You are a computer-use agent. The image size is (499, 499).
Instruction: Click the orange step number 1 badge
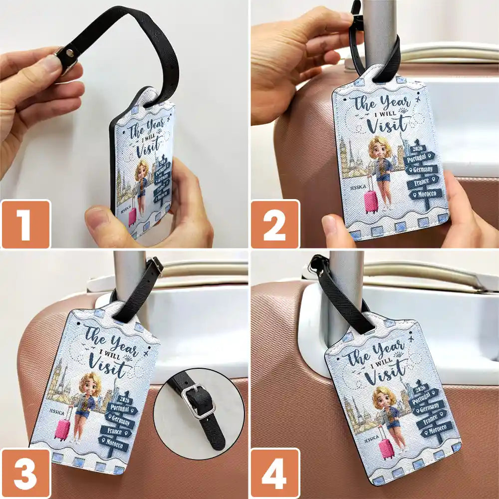pyautogui.click(x=26, y=224)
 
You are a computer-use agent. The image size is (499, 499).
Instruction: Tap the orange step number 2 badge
pyautogui.click(x=275, y=224)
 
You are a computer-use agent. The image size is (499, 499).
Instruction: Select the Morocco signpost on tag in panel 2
pyautogui.click(x=424, y=193)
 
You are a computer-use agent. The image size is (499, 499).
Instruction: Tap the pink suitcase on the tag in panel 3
pyautogui.click(x=63, y=430)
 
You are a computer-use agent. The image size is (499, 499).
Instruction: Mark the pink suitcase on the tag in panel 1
pyautogui.click(x=132, y=216)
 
